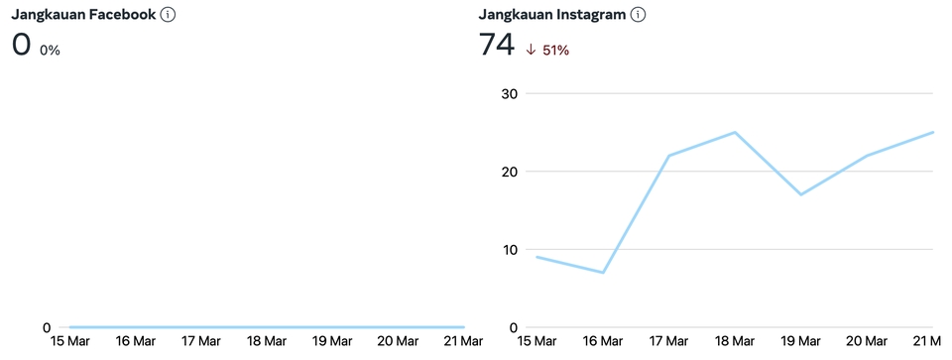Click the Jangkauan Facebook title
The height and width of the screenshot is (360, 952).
82,15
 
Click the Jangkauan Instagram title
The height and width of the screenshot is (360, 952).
551,15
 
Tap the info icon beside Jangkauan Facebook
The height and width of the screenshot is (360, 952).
169,15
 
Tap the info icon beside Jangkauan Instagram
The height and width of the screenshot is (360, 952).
639,15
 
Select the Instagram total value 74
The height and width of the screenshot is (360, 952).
496,46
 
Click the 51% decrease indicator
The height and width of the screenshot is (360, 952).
547,50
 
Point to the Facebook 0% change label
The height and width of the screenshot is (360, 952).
50,50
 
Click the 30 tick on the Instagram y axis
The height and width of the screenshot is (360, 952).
509,93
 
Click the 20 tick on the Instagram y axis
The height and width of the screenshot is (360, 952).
509,172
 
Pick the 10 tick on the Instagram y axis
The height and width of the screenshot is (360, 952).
509,249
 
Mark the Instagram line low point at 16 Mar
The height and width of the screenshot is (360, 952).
603,273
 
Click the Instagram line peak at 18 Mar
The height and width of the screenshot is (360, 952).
735,132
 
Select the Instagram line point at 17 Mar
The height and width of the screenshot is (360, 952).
669,156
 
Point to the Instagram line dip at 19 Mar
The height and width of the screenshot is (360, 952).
800,194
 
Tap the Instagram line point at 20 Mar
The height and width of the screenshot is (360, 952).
867,156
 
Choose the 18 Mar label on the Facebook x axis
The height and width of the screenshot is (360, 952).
267,342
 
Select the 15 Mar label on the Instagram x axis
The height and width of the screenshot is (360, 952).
537,342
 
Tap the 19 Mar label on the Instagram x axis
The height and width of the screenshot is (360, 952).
800,342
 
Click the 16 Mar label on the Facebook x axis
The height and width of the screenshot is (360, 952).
136,342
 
